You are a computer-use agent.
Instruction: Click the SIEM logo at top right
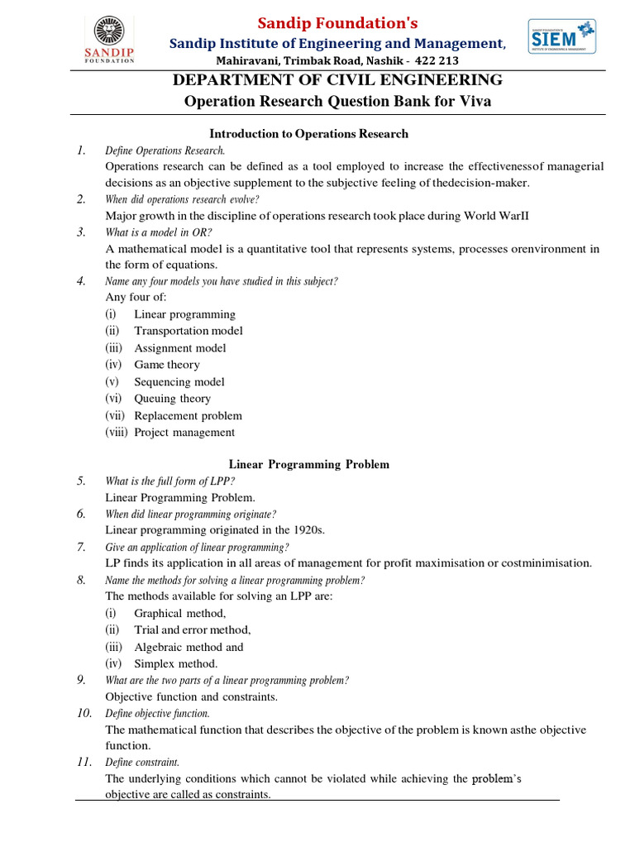[x=562, y=36]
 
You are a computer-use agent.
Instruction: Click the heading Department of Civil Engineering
[x=336, y=80]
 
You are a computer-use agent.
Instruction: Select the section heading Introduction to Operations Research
[x=308, y=133]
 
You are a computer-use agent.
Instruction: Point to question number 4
[x=81, y=281]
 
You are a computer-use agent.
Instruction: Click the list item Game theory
[x=166, y=365]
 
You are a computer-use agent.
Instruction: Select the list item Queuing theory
[x=172, y=399]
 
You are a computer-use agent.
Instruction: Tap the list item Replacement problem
[x=188, y=416]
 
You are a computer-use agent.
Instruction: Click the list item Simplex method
[x=176, y=663]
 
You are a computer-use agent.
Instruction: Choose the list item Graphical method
[x=179, y=613]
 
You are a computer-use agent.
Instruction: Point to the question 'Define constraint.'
[x=141, y=762]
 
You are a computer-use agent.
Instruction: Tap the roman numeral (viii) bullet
[x=117, y=433]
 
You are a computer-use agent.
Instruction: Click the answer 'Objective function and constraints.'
[x=191, y=696]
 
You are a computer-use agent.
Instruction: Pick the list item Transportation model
[x=189, y=331]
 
